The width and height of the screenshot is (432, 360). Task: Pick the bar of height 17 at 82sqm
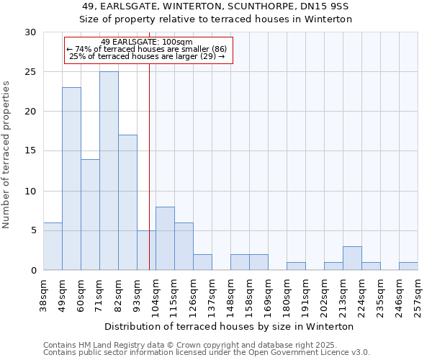point(127,202)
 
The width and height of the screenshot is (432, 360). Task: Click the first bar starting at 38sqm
point(53,246)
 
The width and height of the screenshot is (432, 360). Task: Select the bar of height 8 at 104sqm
point(165,238)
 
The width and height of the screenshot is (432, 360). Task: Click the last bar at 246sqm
point(408,266)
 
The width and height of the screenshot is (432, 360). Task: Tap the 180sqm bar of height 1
point(296,266)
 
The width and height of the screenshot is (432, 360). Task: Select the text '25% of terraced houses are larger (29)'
point(147,56)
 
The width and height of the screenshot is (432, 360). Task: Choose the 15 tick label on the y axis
point(30,151)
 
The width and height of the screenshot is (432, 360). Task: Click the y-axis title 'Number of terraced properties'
point(6,154)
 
